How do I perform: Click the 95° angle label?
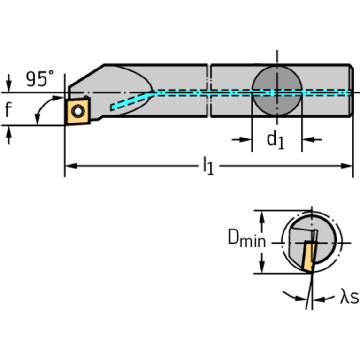pyautogui.click(x=39, y=78)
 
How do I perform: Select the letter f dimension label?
pyautogui.click(x=8, y=110)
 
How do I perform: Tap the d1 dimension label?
pyautogui.click(x=276, y=139)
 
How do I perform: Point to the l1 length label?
pyautogui.click(x=207, y=166)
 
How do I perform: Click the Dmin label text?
pyautogui.click(x=246, y=239)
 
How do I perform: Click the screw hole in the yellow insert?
pyautogui.click(x=77, y=111)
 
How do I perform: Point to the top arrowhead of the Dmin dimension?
pyautogui.click(x=263, y=215)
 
